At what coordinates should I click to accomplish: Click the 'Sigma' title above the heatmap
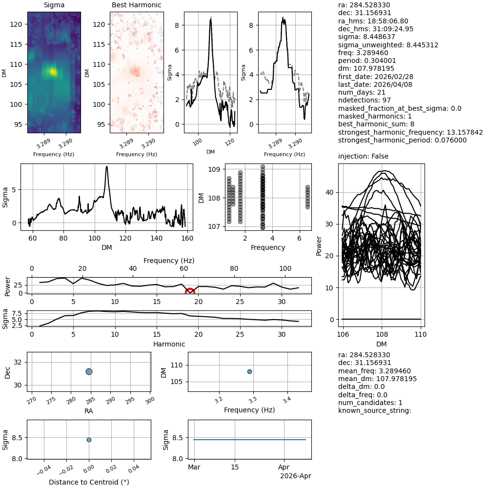[x=54, y=5]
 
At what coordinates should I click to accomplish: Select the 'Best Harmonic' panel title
[x=137, y=5]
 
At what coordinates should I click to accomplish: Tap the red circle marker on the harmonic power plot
[x=190, y=292]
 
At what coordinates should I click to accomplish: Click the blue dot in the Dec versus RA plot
[x=89, y=371]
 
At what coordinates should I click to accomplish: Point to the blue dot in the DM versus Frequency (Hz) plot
[x=249, y=371]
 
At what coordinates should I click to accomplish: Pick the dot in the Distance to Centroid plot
[x=89, y=440]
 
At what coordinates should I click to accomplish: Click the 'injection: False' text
[x=363, y=157]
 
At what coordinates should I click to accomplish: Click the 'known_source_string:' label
[x=375, y=410]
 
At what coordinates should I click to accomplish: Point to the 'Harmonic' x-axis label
[x=169, y=344]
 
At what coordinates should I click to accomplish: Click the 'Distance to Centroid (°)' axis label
[x=89, y=482]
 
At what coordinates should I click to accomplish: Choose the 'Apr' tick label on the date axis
[x=284, y=467]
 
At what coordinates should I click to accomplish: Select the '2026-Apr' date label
[x=295, y=476]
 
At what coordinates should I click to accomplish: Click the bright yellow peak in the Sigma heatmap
[x=53, y=72]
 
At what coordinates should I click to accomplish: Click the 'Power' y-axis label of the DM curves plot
[x=319, y=246]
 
